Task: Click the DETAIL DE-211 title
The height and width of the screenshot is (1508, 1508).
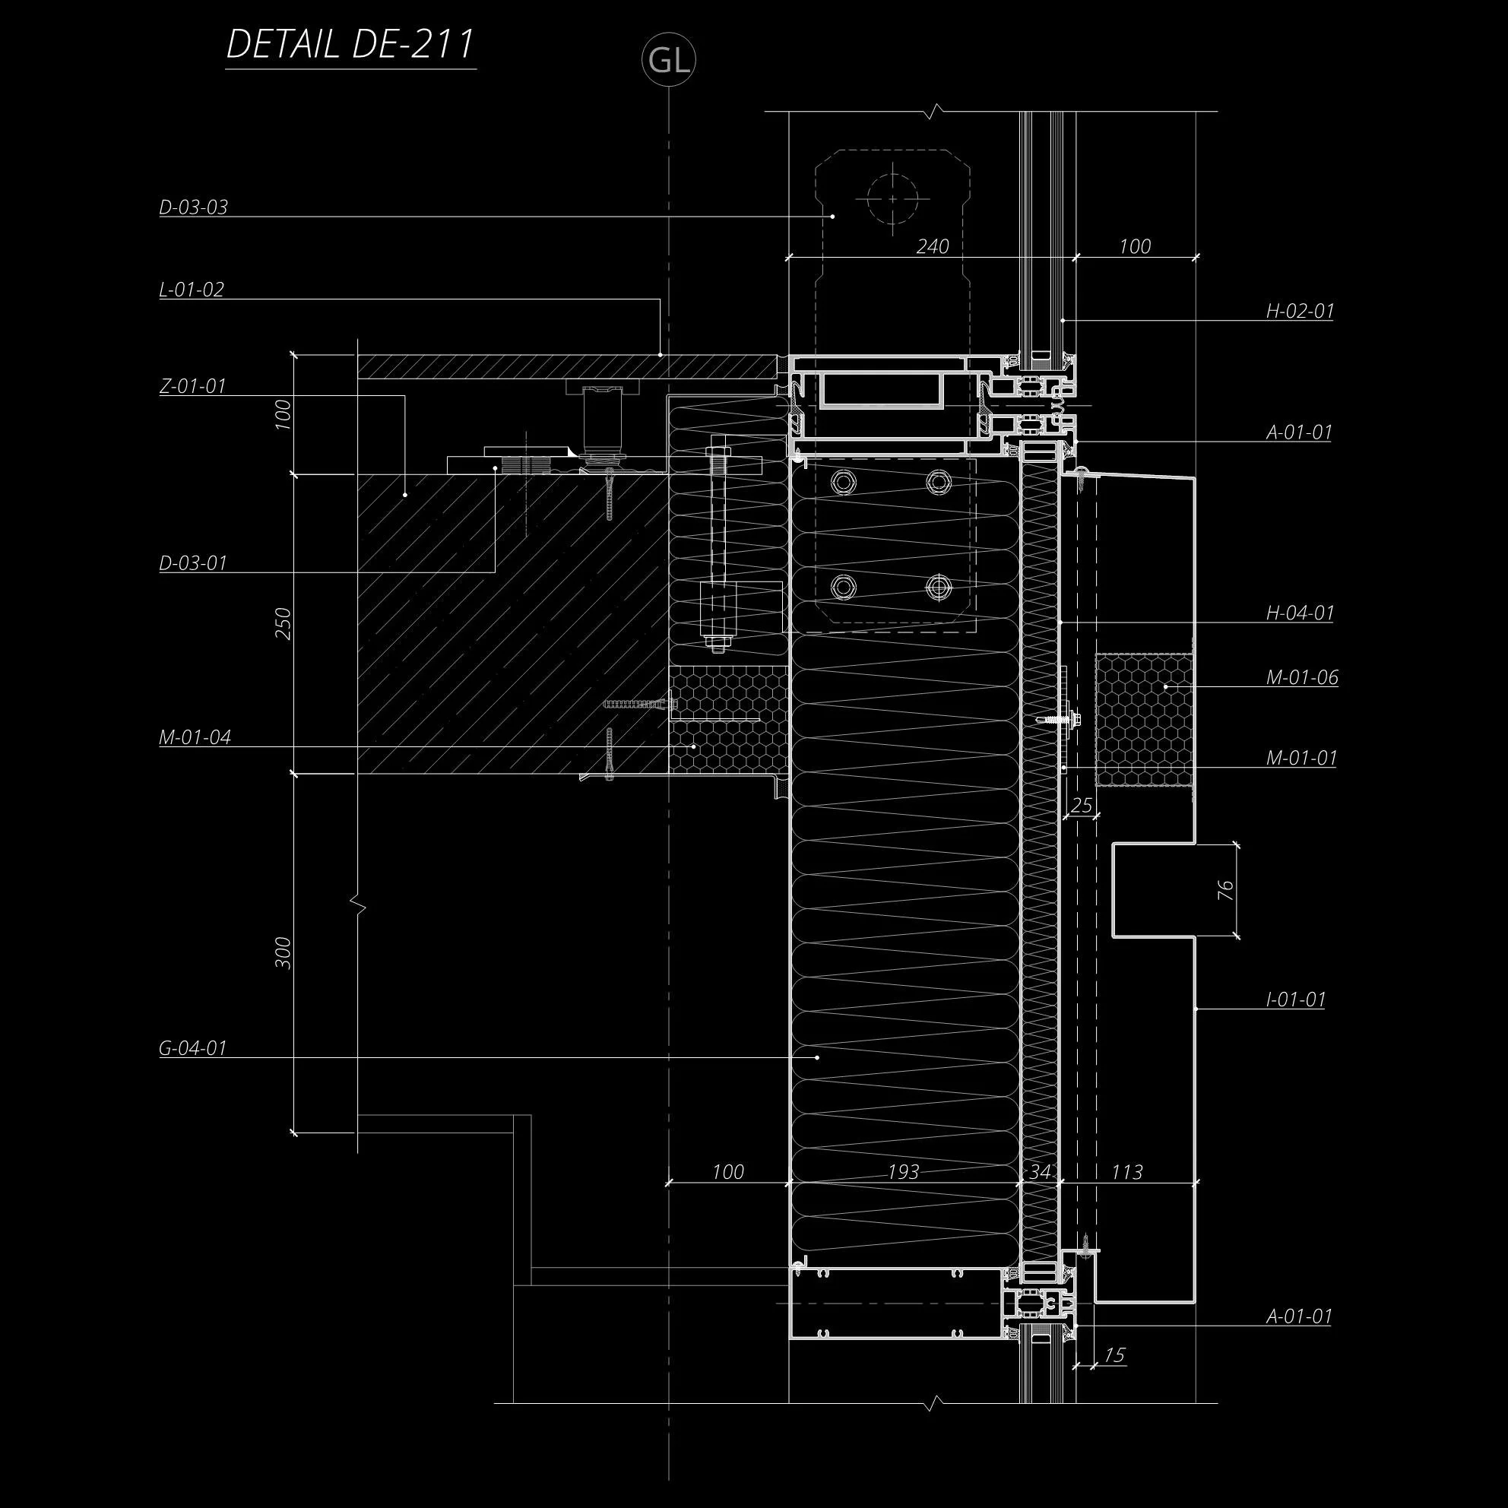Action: [350, 45]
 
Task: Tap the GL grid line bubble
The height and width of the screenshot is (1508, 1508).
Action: [669, 60]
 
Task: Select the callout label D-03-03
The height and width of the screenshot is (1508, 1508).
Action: [194, 208]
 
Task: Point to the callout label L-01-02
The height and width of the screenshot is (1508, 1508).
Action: [192, 290]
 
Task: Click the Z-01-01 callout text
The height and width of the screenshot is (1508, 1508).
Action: [193, 386]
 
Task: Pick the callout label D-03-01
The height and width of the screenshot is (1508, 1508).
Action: [193, 563]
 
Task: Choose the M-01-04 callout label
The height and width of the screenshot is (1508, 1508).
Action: [195, 737]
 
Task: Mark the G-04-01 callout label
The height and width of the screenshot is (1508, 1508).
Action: [193, 1048]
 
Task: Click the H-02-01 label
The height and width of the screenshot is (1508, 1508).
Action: [1300, 312]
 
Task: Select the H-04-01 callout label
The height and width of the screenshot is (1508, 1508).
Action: [1300, 613]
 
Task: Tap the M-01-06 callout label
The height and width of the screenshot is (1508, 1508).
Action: [1302, 678]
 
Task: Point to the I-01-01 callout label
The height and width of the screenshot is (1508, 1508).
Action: [1296, 1000]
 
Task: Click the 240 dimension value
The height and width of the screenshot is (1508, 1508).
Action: [932, 247]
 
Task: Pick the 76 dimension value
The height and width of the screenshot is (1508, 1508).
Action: [1225, 890]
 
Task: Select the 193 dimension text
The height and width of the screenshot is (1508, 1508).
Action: [903, 1172]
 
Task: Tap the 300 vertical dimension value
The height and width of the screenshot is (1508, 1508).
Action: [284, 953]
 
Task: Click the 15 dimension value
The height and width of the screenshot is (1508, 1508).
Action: [1114, 1356]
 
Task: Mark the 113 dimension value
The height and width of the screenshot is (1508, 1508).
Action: [1126, 1172]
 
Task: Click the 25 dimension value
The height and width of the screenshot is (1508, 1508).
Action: [1081, 806]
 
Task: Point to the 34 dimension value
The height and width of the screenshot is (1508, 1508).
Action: [1040, 1172]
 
